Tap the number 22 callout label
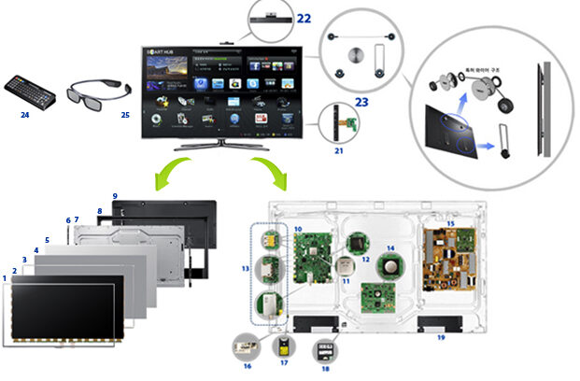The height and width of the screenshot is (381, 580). coord(304,17)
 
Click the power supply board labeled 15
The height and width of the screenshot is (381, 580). coord(448,257)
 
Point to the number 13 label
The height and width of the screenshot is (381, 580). coord(245,268)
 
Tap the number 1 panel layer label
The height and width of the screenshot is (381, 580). coord(5,277)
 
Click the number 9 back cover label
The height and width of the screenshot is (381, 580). coord(114,196)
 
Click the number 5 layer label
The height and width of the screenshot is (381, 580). coord(47,240)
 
